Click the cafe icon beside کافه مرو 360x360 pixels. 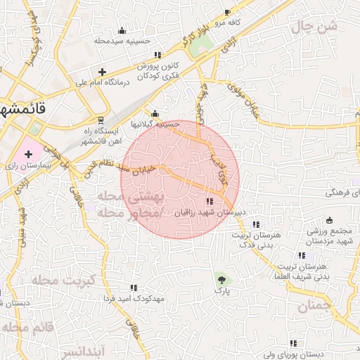click(227, 13)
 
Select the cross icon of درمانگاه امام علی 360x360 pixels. click(103, 72)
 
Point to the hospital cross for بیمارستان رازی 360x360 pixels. click(28, 153)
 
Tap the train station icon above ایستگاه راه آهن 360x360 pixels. click(101, 120)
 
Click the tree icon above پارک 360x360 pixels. click(222, 279)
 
